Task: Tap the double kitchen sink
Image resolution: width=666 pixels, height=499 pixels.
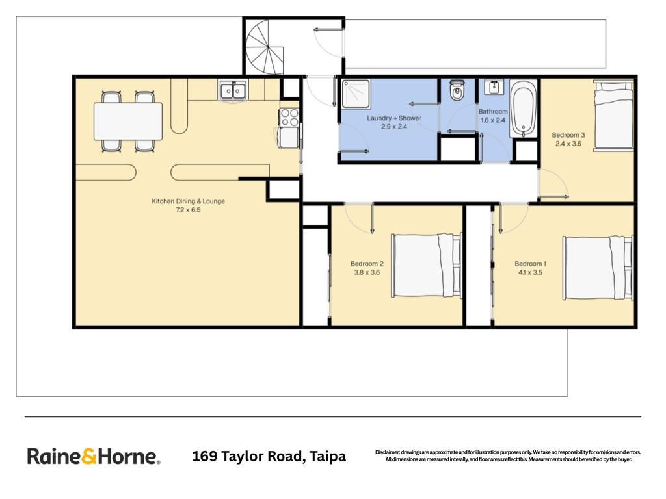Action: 232,90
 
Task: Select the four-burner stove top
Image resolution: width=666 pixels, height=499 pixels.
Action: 289,117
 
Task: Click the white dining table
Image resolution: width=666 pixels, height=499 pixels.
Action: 128,121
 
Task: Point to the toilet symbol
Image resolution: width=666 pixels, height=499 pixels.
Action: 457,90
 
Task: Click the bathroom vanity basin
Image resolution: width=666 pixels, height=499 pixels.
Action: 494,87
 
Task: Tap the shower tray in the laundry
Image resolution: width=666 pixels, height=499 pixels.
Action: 356,94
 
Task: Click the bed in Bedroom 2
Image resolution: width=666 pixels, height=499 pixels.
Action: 426,265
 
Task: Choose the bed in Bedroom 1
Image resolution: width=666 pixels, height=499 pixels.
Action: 598,268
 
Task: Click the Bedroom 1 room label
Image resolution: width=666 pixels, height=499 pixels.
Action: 531,264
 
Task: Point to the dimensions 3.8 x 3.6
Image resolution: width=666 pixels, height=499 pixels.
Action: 367,272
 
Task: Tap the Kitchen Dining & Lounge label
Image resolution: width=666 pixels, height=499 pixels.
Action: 188,201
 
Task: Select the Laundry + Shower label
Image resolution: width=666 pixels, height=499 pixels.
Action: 394,118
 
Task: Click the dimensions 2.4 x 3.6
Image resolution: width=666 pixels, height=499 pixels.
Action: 568,144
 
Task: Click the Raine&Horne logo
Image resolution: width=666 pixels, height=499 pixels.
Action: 94,457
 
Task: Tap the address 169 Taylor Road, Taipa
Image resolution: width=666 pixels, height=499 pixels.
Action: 269,456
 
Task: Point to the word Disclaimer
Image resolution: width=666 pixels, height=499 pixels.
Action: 388,452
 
